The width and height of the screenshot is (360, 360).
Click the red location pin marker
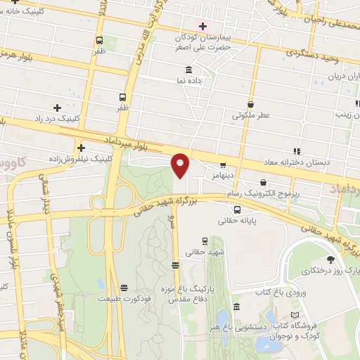pyautogui.click(x=181, y=165)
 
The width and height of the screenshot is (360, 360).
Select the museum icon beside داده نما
pyautogui.click(x=188, y=70)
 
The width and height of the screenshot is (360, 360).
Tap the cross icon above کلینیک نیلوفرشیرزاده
pyautogui.click(x=82, y=148)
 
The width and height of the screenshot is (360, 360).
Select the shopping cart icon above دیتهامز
pyautogui.click(x=223, y=165)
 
